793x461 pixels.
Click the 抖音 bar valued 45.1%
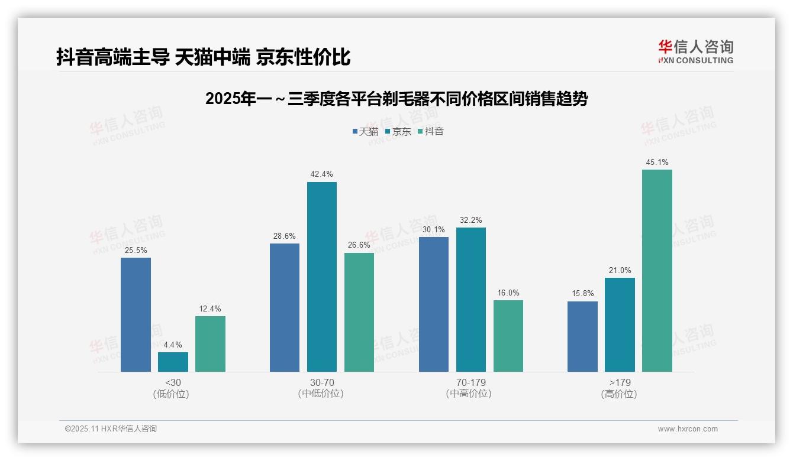tap(657, 271)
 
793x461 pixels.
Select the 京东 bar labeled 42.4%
tap(321, 277)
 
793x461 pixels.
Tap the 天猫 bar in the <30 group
tap(136, 314)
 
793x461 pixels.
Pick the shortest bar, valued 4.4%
tap(173, 362)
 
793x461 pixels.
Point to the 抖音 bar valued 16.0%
tap(508, 336)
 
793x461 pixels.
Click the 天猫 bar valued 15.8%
tap(582, 336)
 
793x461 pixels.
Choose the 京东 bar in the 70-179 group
tap(470, 300)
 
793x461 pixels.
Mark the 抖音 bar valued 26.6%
tap(359, 312)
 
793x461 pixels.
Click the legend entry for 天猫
tap(365, 131)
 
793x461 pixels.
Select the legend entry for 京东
tap(398, 131)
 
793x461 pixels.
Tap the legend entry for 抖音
tap(431, 131)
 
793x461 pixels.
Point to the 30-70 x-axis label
tap(321, 382)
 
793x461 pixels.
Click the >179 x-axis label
tap(619, 382)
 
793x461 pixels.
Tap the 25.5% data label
tap(136, 250)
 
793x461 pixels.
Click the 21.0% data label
tap(620, 270)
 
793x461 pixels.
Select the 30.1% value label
tap(433, 229)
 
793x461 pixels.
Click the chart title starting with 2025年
tap(396, 99)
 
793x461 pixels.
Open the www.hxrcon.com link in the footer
tap(688, 429)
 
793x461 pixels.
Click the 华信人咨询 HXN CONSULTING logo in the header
tap(695, 51)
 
